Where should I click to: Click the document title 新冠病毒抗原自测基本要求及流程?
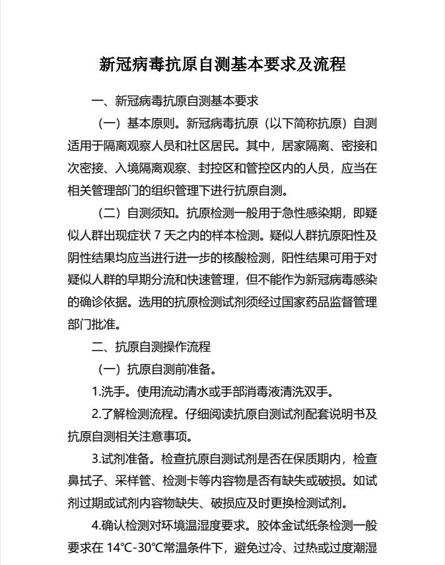(x=222, y=65)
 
